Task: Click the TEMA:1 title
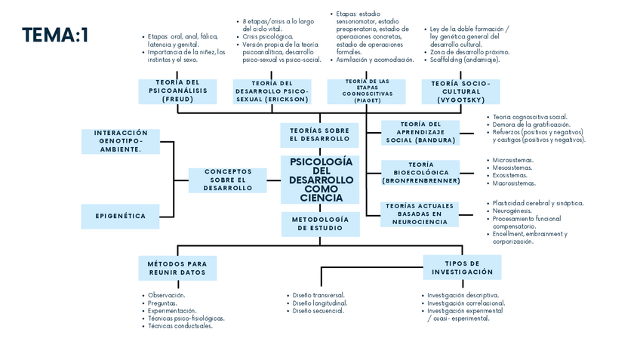click(x=55, y=35)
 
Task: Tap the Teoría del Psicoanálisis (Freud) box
click(x=177, y=91)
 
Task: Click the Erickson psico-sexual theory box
click(x=272, y=91)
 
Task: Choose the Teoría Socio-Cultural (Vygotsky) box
click(x=460, y=91)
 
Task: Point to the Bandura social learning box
click(x=420, y=132)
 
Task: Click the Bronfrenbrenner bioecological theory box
click(x=420, y=173)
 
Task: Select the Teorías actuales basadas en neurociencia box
click(x=420, y=214)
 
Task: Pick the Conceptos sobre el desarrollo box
click(x=227, y=180)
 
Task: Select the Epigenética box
click(x=121, y=216)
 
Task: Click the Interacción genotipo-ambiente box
click(x=121, y=141)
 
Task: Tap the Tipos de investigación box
click(x=462, y=267)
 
